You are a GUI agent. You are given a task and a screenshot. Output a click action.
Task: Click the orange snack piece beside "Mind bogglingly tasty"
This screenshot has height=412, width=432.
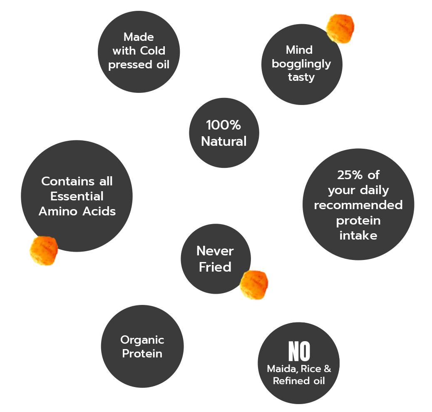pos(340,29)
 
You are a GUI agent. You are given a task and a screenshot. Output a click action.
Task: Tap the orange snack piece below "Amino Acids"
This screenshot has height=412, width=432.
pos(43,250)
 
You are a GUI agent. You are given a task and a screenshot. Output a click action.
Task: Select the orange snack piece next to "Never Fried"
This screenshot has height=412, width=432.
pos(253,285)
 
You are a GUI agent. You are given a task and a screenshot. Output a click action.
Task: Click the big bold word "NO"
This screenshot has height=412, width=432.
pos(299,352)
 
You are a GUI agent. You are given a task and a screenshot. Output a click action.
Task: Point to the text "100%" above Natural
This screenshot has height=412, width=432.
pos(223,125)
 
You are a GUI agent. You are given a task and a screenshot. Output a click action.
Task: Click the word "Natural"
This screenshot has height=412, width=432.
pos(223,141)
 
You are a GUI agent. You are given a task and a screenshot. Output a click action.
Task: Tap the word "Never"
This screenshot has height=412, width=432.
pos(215,251)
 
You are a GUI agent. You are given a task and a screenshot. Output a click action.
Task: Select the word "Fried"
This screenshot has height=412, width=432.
pos(215,267)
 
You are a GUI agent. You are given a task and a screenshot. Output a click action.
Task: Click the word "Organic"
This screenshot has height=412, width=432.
pos(142,340)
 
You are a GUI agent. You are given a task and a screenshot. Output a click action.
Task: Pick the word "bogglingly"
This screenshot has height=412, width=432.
pos(301,64)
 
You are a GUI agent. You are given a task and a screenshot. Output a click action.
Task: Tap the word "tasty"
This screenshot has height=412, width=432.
pos(301,77)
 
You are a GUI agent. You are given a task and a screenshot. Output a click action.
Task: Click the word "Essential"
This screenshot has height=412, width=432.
pos(77,196)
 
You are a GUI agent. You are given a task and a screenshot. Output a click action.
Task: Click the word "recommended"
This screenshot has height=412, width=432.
pos(358,205)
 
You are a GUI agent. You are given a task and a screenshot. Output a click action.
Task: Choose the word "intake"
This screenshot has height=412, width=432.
pos(358,235)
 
